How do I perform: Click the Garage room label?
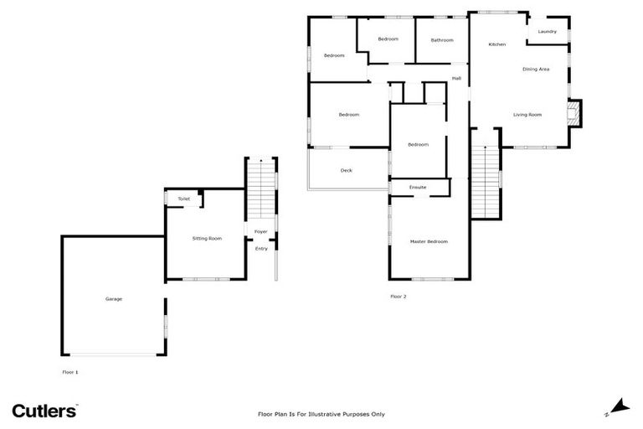coord(113,299)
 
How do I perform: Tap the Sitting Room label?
coord(207,239)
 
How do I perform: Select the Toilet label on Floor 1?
coord(183,199)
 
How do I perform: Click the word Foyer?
coord(261,232)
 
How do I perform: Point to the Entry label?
coord(261,248)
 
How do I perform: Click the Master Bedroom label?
coord(429,241)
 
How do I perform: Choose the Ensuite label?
coord(418,188)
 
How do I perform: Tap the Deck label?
coord(347,170)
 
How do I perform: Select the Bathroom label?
coord(442,40)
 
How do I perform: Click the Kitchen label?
coord(497,44)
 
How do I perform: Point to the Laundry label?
coord(548,32)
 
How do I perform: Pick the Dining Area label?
coord(536,69)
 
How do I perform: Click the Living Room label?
coord(527,115)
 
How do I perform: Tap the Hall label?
coord(456,79)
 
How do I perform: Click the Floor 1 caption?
coord(70,371)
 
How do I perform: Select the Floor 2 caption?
coord(399,297)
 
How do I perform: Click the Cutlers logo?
coord(44,410)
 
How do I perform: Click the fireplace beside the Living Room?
coord(574,113)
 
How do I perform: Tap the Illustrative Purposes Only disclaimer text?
coord(321,414)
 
